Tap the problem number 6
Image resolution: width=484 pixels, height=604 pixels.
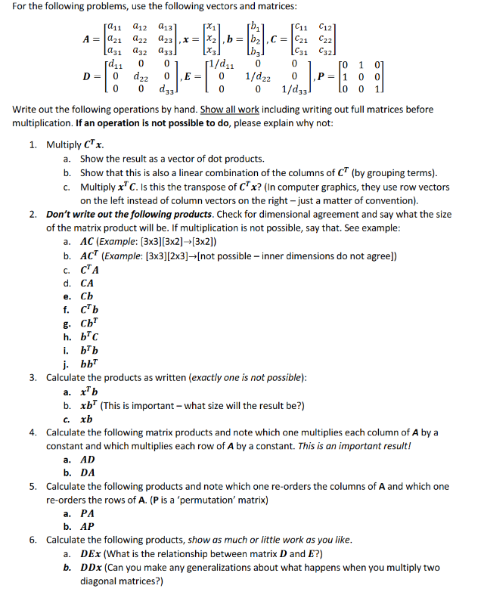(x=34, y=540)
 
